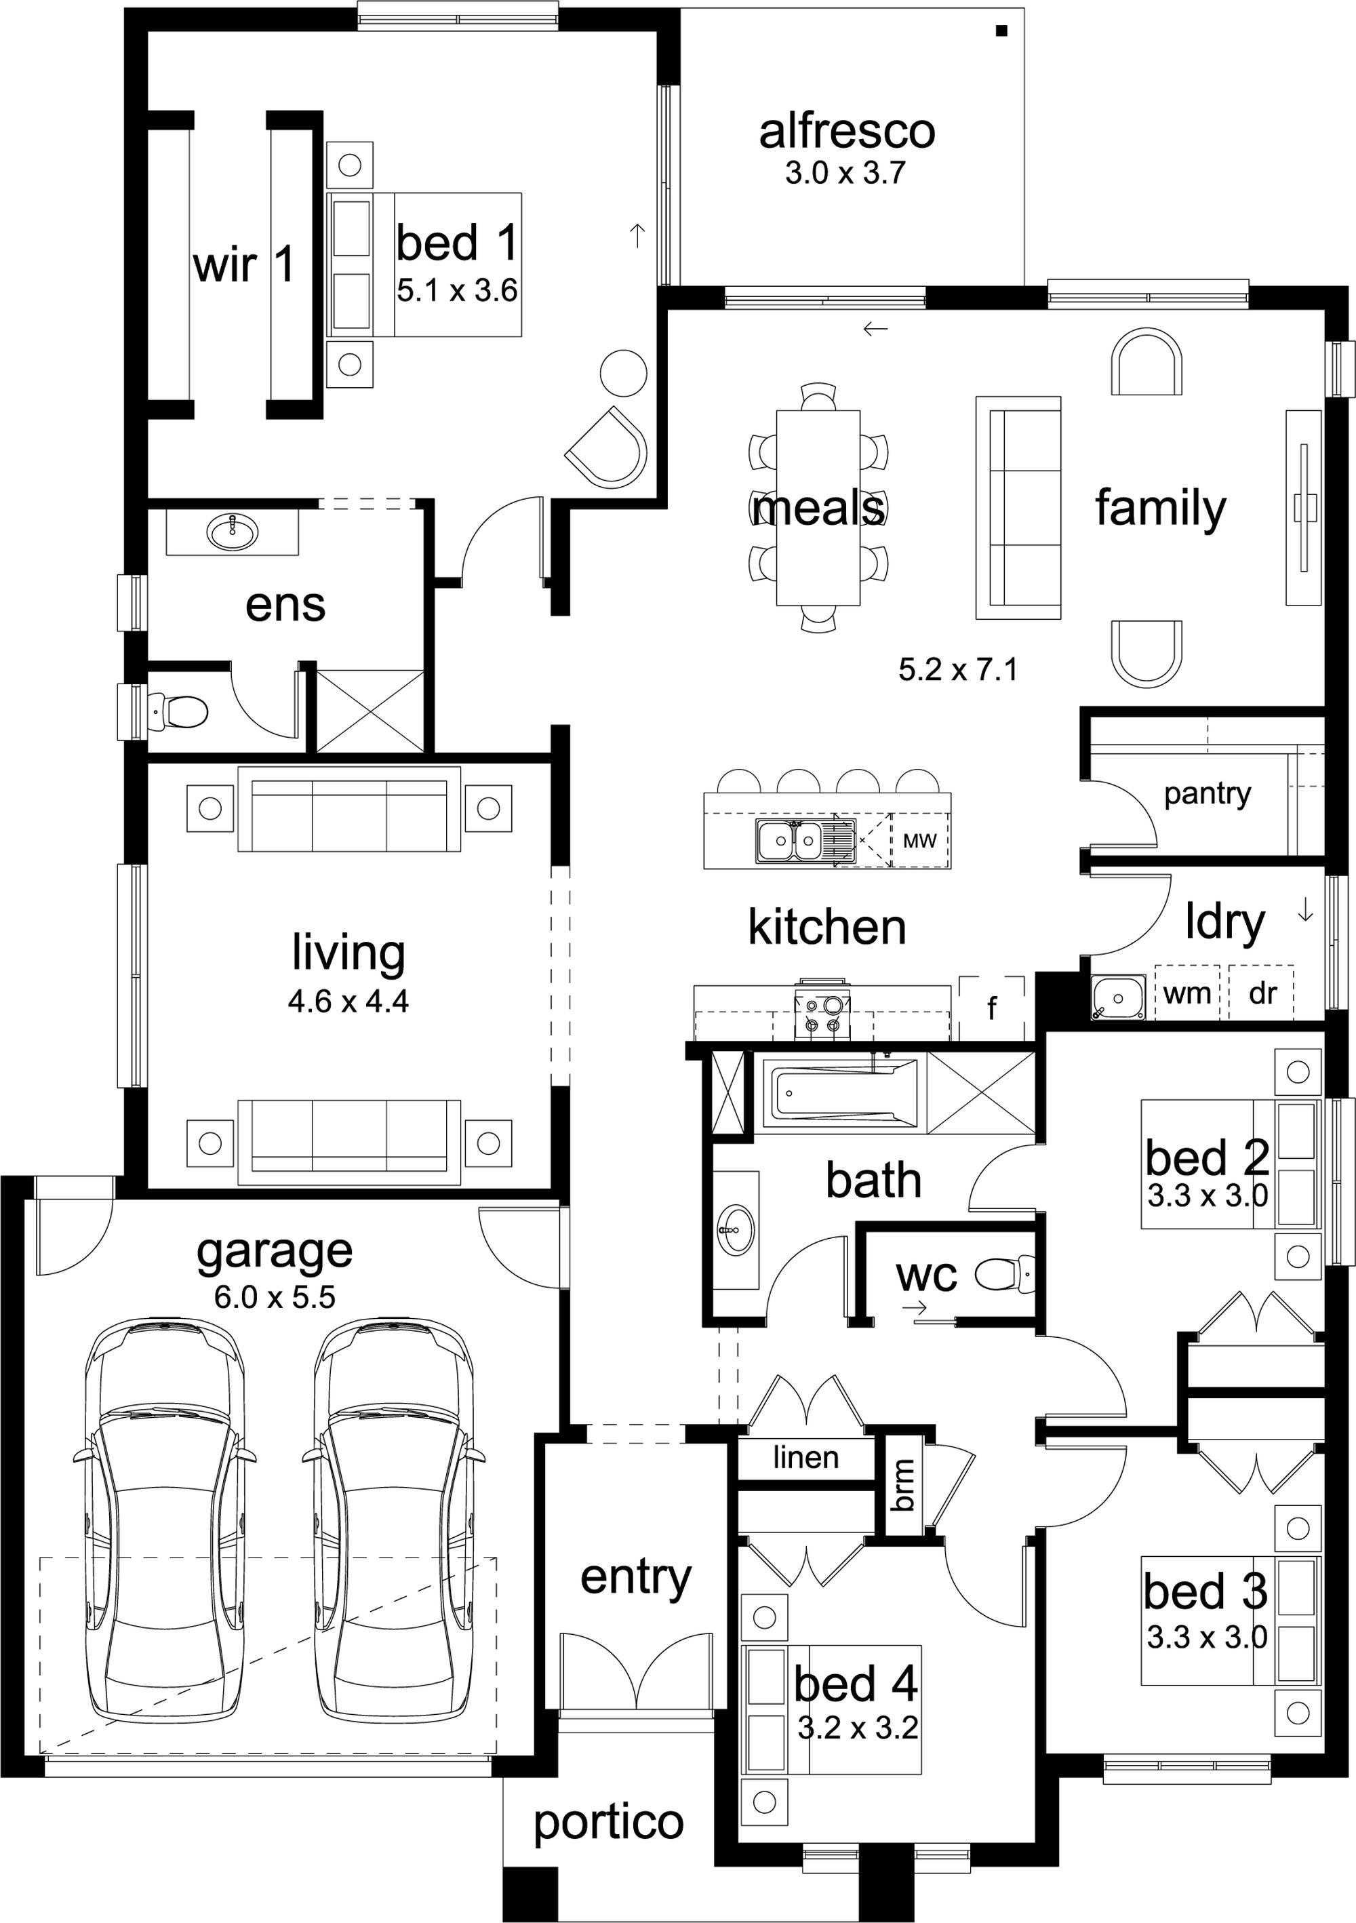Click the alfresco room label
tap(847, 132)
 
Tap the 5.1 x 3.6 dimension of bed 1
tap(457, 291)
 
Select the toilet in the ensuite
tap(177, 712)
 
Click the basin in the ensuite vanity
tap(232, 530)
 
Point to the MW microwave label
tap(919, 840)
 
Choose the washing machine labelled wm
tap(1188, 993)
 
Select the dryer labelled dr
tap(1261, 993)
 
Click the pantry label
tap(1207, 794)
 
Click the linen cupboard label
tap(805, 1457)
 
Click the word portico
tap(609, 1823)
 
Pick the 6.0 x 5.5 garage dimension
tap(275, 1297)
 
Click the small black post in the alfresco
tap(1000, 31)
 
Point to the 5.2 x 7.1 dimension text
tap(958, 669)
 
